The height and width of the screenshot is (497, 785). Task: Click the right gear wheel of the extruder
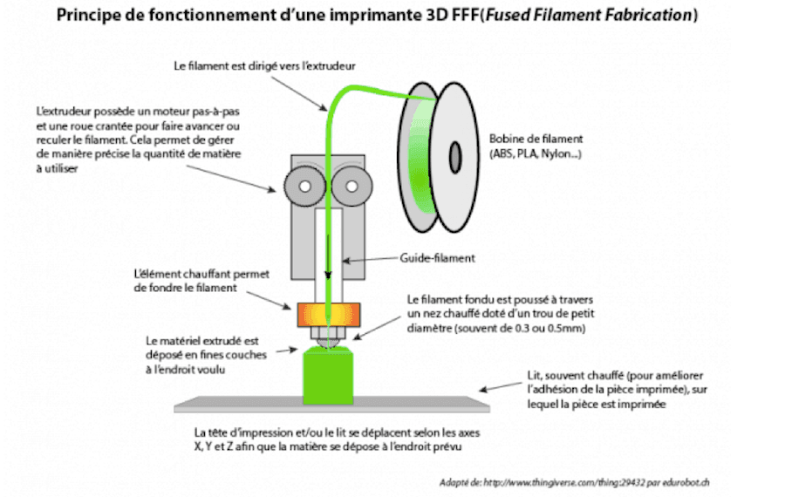[348, 185]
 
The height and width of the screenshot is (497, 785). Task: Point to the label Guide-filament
[438, 257]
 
